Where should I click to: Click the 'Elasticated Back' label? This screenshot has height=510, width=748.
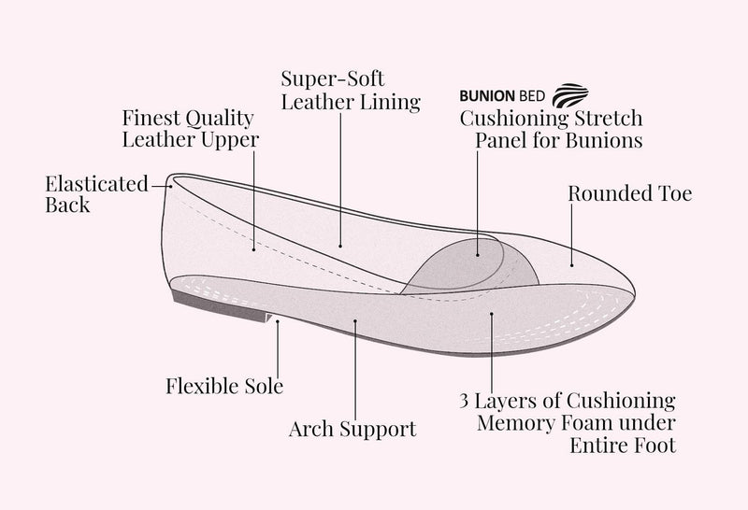[x=96, y=193]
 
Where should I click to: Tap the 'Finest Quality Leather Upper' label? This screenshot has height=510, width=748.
[x=191, y=129]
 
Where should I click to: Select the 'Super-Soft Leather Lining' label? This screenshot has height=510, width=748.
[x=350, y=90]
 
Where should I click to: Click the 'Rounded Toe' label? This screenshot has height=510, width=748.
[x=629, y=194]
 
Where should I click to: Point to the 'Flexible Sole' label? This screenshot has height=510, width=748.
[x=224, y=385]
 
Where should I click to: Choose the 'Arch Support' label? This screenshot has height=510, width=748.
[x=352, y=430]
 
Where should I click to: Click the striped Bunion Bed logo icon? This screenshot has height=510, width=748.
[x=569, y=96]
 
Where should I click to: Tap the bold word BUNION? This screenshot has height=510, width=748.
[x=486, y=97]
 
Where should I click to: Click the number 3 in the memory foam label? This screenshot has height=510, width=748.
[x=465, y=401]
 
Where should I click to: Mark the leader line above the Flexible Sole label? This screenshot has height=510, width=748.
[x=279, y=346]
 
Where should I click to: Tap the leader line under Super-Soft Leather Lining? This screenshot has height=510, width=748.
[x=339, y=177]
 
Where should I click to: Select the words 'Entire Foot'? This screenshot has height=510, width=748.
[x=623, y=446]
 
